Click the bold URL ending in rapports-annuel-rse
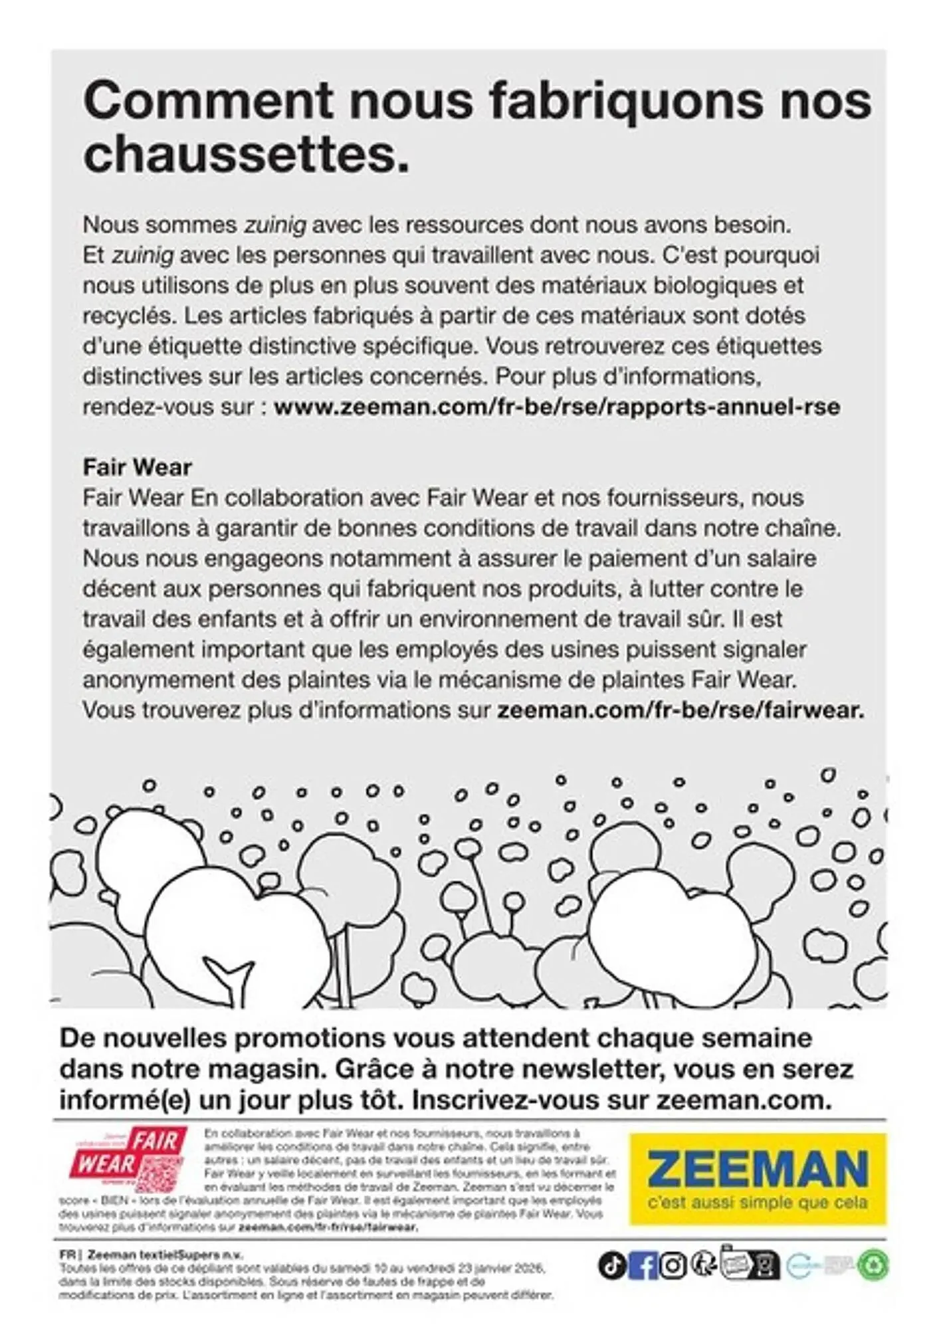(x=557, y=407)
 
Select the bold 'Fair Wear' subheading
(x=137, y=467)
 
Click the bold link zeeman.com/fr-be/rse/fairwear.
(x=680, y=710)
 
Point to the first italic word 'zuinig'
(x=275, y=225)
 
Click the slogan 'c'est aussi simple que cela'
(x=757, y=1203)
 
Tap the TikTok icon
(x=611, y=1265)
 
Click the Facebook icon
(x=642, y=1265)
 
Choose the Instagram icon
(x=672, y=1265)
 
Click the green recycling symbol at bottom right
(x=873, y=1265)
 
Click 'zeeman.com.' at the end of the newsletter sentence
(x=744, y=1100)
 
